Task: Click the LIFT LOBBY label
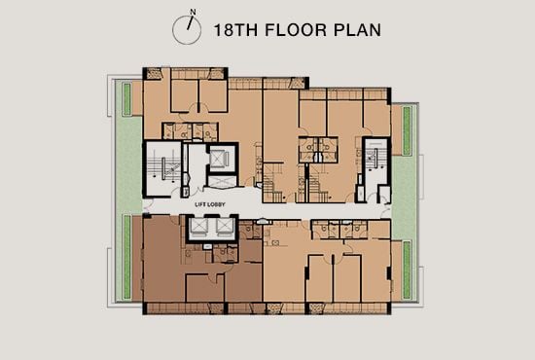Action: pos(210,204)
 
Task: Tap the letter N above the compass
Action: pos(193,12)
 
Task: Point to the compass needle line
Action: pos(190,22)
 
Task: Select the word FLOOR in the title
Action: pos(296,30)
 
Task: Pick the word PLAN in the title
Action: pos(357,30)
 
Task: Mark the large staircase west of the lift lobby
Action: pos(163,169)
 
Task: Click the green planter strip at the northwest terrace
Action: pos(126,99)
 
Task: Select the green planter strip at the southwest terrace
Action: pos(126,257)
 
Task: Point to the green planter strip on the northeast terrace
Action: pos(407,131)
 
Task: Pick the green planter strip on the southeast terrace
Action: pos(407,270)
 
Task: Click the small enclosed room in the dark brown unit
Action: pos(204,288)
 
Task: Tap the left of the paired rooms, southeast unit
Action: pos(320,278)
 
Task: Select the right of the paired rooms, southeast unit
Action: pos(347,278)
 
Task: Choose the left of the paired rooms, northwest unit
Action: pos(184,95)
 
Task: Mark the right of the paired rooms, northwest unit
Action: pos(213,95)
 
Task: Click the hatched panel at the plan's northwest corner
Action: pos(154,74)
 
